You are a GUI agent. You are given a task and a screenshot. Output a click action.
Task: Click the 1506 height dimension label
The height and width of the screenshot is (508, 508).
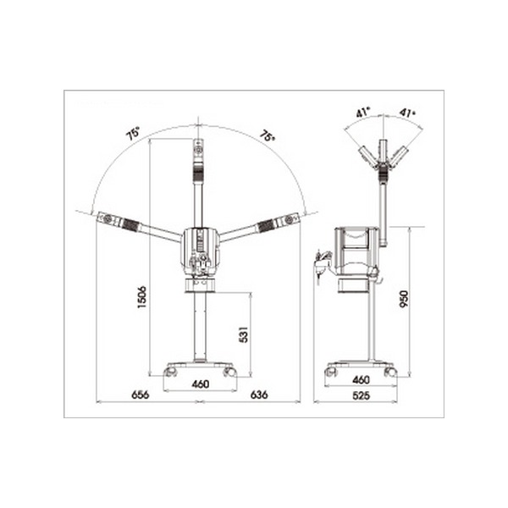tap(142, 297)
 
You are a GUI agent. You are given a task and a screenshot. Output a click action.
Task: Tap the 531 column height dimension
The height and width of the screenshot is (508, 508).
tap(243, 334)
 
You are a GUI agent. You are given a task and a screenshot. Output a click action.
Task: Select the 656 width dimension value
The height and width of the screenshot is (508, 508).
tap(141, 395)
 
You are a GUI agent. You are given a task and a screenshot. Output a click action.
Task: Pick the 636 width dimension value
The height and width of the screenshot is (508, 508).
tap(259, 395)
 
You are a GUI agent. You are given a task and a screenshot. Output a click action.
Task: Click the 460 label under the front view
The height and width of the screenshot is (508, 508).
tap(201, 384)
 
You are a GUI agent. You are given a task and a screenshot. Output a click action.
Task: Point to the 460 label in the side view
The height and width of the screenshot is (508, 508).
tap(361, 379)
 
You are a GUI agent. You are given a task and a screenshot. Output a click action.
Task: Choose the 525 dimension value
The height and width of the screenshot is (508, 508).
tap(361, 395)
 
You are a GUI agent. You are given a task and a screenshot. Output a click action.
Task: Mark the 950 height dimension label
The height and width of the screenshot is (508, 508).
tap(405, 299)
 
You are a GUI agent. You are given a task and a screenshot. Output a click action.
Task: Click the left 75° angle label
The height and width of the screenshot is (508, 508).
tap(133, 133)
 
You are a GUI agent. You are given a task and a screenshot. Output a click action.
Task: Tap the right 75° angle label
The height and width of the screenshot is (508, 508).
tap(268, 135)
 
